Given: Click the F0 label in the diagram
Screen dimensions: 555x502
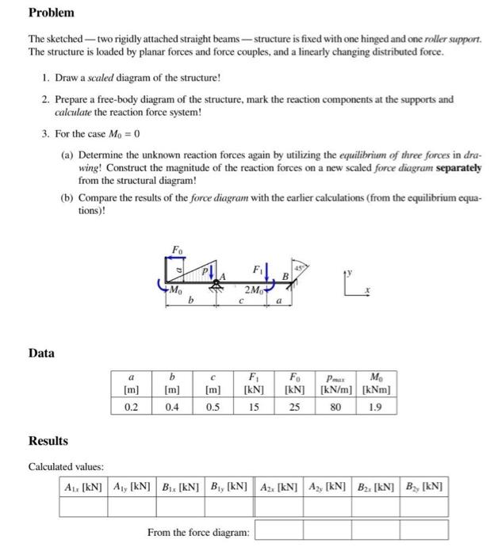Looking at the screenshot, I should (x=176, y=250).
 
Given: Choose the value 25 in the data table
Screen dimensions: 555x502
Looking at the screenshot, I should (x=294, y=405).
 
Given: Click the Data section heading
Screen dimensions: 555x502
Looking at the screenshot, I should (x=41, y=353).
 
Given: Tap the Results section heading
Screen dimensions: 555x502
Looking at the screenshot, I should (x=48, y=440).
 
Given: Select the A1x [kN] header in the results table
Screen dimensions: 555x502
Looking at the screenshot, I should (x=85, y=485).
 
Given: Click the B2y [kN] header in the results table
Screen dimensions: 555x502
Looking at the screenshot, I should (x=424, y=485).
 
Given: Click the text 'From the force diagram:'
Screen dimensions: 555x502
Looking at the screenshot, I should (x=197, y=531).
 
